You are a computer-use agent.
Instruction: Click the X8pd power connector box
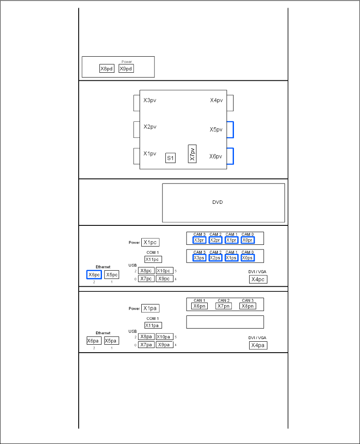(x=107, y=69)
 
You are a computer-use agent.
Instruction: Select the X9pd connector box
(x=126, y=69)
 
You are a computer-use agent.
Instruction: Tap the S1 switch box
(x=170, y=158)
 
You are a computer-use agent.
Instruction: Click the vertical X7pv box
(x=192, y=154)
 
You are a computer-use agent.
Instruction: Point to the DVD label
(x=217, y=202)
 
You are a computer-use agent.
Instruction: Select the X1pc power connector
(x=150, y=243)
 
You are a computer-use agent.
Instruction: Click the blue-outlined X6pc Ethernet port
(x=94, y=274)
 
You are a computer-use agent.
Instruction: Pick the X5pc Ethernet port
(x=112, y=274)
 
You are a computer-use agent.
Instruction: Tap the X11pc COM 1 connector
(x=153, y=259)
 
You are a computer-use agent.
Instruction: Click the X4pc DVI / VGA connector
(x=258, y=279)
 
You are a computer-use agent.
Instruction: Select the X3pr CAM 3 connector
(x=199, y=240)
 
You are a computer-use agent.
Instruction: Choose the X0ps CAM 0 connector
(x=247, y=258)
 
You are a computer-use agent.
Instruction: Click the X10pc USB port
(x=164, y=271)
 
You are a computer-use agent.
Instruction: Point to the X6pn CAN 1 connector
(x=199, y=306)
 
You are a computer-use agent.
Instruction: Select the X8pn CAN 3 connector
(x=247, y=306)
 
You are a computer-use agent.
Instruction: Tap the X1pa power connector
(x=150, y=308)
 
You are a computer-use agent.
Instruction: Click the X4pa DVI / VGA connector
(x=258, y=345)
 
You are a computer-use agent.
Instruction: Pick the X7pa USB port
(x=146, y=345)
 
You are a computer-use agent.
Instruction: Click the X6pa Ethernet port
(x=94, y=341)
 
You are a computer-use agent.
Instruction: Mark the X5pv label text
(x=216, y=130)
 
